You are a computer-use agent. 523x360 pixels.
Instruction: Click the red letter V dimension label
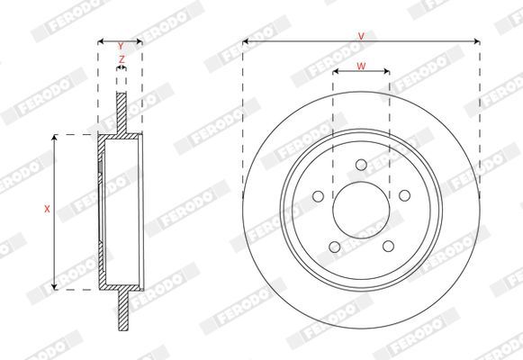coord(361,36)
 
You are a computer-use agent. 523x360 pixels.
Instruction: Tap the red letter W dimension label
coord(361,66)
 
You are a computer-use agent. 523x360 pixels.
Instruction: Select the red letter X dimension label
coord(47,209)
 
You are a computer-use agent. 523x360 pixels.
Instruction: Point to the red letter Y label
coord(121,46)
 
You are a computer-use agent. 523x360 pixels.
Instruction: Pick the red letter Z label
coord(122,59)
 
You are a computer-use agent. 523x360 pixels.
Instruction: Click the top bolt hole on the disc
coord(361,165)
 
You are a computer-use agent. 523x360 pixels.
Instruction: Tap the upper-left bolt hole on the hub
coord(318,196)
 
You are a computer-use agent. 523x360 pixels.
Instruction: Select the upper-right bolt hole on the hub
coord(404,195)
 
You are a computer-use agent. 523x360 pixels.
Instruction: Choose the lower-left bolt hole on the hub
coord(335,247)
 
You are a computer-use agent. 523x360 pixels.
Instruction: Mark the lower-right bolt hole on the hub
coord(388,247)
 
